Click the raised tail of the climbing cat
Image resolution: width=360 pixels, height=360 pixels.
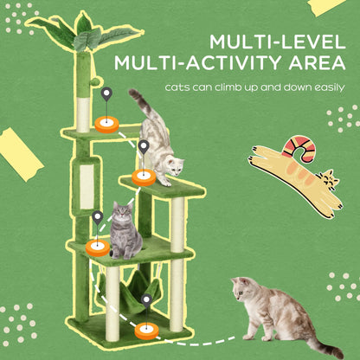(138, 101)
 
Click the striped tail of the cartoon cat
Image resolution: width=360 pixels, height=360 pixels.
(298, 147)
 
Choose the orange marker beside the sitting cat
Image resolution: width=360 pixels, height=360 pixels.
(97, 249)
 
